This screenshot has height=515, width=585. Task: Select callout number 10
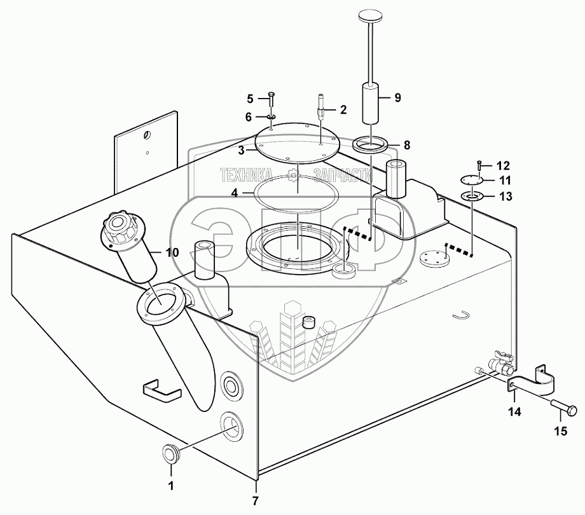(172, 252)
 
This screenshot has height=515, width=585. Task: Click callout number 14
(514, 412)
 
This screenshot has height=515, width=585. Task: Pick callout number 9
(397, 97)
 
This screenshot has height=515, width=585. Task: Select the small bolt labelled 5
(271, 99)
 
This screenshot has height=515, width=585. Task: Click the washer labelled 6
(271, 118)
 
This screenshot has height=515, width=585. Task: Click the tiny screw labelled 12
(478, 165)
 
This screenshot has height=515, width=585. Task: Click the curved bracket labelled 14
(533, 383)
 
